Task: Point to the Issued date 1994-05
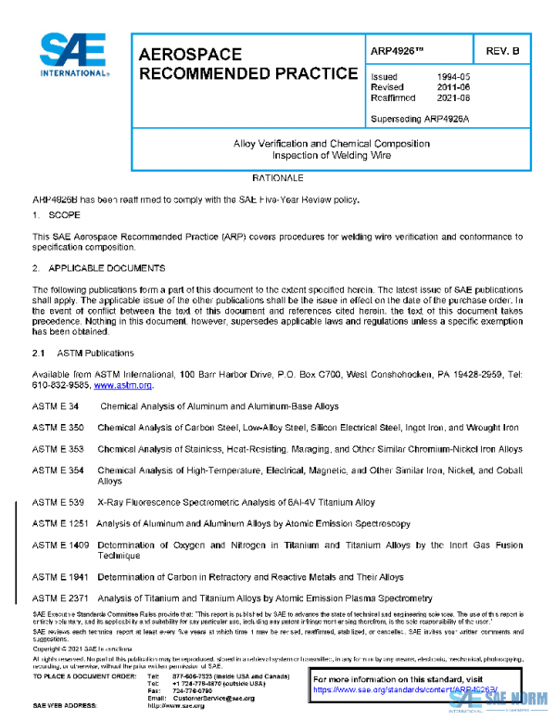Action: tap(452, 77)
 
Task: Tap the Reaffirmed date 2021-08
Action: tap(452, 96)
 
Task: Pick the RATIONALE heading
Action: tap(277, 176)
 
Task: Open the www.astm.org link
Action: tap(123, 385)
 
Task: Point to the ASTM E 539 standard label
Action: tap(58, 502)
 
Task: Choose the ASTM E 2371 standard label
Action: tap(61, 598)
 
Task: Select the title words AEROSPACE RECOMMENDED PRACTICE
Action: tap(246, 64)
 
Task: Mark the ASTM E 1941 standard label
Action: tap(61, 577)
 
